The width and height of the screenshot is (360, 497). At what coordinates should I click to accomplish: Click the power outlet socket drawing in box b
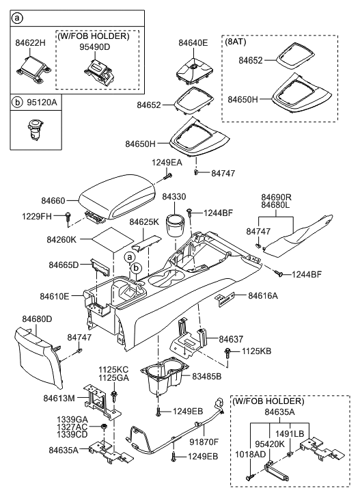[x=31, y=129]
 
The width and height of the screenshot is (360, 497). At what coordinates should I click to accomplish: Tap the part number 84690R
[x=277, y=196]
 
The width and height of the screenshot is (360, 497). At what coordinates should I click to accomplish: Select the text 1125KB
[x=257, y=351]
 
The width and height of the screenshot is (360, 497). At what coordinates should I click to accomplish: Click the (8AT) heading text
[x=237, y=42]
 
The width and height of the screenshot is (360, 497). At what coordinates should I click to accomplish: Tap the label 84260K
[x=61, y=240]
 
